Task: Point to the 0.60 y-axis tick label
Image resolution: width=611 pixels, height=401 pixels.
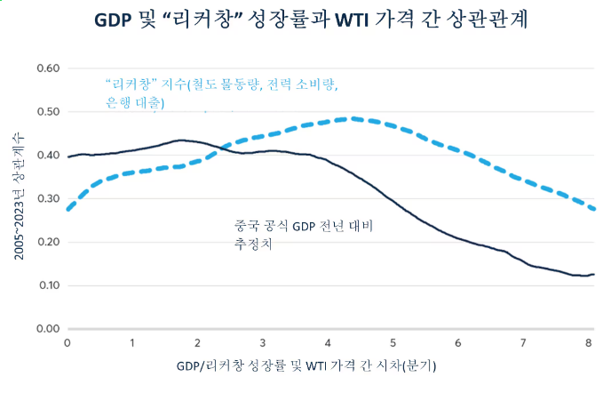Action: pyautogui.click(x=45, y=68)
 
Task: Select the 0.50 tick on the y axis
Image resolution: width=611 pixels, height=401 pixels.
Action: pyautogui.click(x=45, y=112)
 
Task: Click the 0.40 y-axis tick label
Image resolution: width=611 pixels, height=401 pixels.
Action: pyautogui.click(x=45, y=156)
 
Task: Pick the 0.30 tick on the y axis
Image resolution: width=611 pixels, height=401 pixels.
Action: pyautogui.click(x=45, y=199)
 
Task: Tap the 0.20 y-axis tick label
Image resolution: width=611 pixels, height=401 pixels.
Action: pyautogui.click(x=45, y=243)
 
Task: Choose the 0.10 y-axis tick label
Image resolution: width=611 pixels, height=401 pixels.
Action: pyautogui.click(x=45, y=286)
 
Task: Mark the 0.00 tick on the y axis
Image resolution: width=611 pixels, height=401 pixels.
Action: pyautogui.click(x=45, y=330)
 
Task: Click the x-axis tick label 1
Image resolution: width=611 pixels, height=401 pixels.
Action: pyautogui.click(x=132, y=343)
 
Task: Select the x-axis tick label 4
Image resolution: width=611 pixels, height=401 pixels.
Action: pyautogui.click(x=328, y=343)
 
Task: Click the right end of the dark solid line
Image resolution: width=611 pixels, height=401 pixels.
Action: pyautogui.click(x=593, y=275)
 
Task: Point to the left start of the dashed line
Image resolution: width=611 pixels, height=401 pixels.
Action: pyautogui.click(x=68, y=209)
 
